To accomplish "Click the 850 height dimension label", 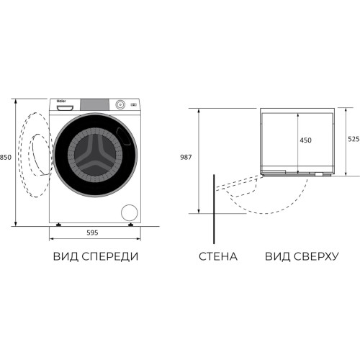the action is [6, 158].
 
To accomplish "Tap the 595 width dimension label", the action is [92, 233].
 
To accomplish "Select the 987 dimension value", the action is [186, 157].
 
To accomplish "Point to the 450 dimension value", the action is [305, 140].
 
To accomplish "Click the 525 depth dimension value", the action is [354, 139].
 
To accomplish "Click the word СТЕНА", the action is [218, 256].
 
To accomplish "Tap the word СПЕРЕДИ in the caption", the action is [110, 256].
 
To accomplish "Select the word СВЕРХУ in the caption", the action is [316, 256].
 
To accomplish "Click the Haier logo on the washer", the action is [61, 101].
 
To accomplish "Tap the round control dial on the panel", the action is [120, 104].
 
